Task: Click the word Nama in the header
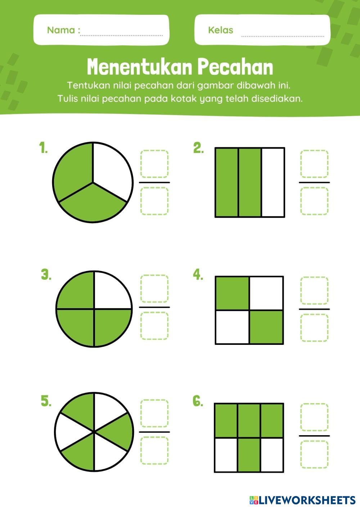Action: (x=61, y=30)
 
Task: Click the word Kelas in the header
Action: (x=221, y=30)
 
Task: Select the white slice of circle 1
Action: (x=111, y=170)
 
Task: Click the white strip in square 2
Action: (x=273, y=182)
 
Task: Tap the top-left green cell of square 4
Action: (x=232, y=293)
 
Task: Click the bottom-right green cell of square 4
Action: (x=266, y=327)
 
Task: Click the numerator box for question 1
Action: (x=154, y=163)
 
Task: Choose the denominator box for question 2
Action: (x=314, y=201)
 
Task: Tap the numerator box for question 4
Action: (x=314, y=290)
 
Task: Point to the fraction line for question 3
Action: (x=154, y=307)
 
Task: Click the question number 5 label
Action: (x=46, y=401)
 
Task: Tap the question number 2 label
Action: (x=198, y=148)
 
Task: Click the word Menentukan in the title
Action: (x=138, y=67)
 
